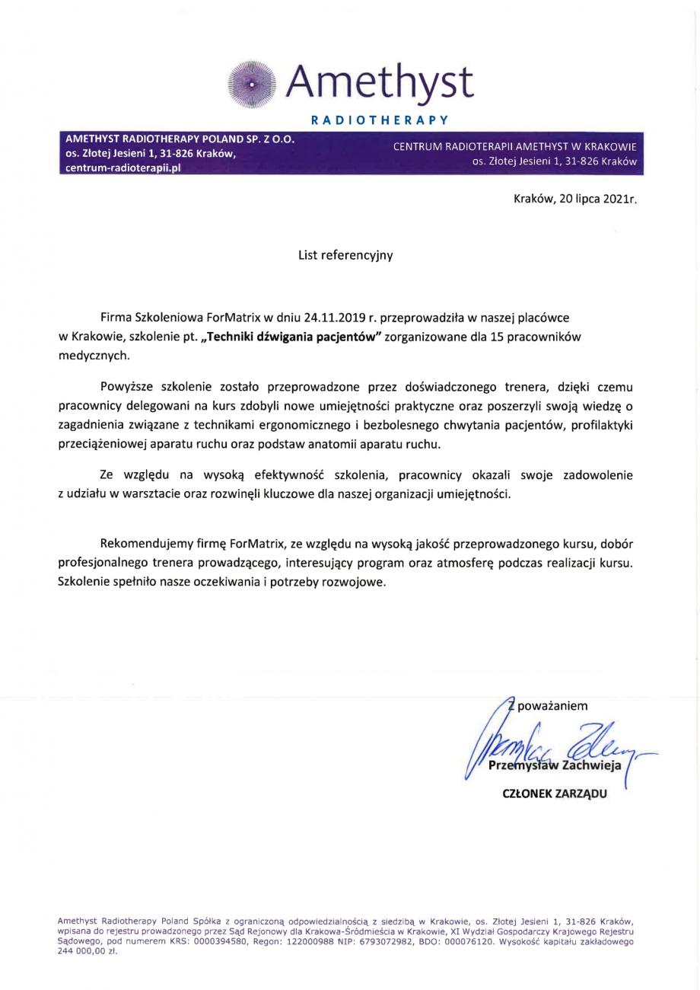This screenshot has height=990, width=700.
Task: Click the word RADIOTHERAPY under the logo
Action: point(380,120)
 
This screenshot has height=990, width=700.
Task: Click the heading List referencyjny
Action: point(345,256)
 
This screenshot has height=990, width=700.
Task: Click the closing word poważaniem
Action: point(552,706)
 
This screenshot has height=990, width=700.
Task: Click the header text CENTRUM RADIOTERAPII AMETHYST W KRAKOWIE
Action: point(514,146)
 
